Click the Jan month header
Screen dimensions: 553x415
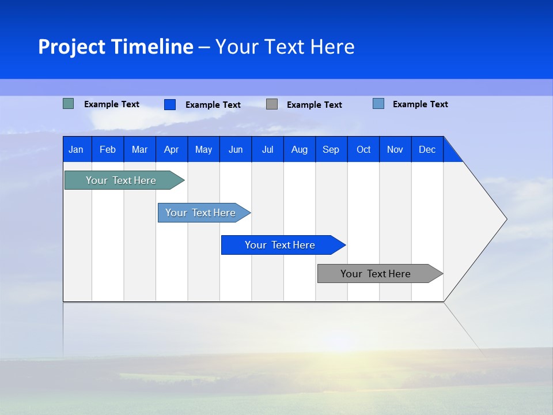76,149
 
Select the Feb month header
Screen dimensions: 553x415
108,149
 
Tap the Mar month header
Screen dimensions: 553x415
139,149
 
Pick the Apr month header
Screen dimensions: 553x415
172,149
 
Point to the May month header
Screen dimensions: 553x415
203,149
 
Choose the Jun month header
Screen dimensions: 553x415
236,149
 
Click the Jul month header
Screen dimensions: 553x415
267,149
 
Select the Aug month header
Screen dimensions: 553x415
300,149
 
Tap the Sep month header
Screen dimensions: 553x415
331,149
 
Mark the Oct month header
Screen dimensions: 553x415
363,149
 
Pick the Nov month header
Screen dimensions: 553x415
395,149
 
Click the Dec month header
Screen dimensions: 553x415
427,149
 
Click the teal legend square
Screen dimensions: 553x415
69,104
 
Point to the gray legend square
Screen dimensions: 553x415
272,104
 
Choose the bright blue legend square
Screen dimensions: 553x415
170,104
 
